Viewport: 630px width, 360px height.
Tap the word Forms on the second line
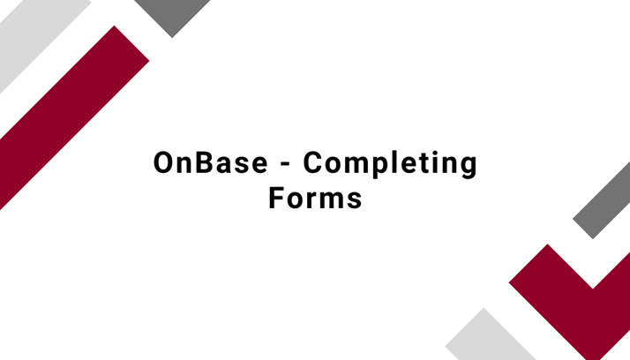coord(315,198)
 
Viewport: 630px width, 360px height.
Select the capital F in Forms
coord(275,198)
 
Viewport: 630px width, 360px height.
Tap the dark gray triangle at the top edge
coord(172,13)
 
